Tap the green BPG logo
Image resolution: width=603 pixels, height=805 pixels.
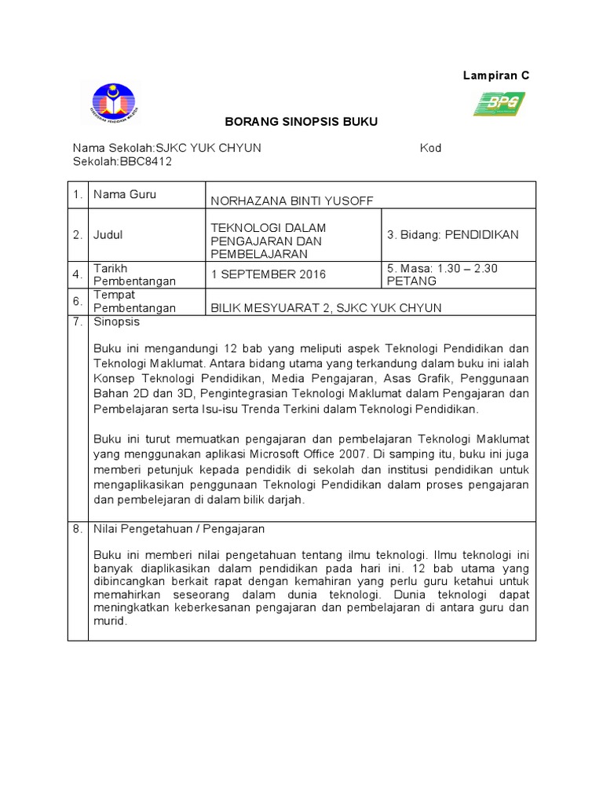click(499, 103)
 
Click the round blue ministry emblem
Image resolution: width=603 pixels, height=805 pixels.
click(115, 105)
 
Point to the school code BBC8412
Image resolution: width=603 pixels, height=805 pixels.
click(145, 162)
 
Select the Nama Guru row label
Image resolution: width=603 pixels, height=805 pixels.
click(124, 194)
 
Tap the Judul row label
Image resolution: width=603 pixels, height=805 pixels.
click(108, 234)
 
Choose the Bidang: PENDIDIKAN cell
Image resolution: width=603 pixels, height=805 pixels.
click(453, 234)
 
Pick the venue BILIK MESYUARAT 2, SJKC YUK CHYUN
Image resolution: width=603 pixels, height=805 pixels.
click(326, 307)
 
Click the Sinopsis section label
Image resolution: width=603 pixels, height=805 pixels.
click(116, 322)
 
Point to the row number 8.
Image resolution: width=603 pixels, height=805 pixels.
click(77, 529)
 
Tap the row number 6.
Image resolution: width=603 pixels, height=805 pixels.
click(77, 301)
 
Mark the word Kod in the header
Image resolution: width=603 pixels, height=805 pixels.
click(430, 148)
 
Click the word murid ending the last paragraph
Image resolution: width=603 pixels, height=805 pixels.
click(109, 621)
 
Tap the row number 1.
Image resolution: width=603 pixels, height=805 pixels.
click(77, 195)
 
